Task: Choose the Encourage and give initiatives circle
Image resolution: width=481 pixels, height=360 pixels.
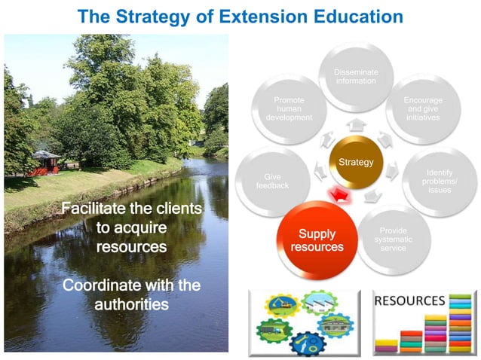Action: pyautogui.click(x=423, y=109)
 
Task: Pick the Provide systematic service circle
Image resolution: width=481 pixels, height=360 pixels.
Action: pyautogui.click(x=394, y=239)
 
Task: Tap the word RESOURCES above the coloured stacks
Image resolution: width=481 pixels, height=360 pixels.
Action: pyautogui.click(x=409, y=301)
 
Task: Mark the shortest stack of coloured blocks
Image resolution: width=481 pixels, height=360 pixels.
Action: pyautogui.click(x=386, y=346)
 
